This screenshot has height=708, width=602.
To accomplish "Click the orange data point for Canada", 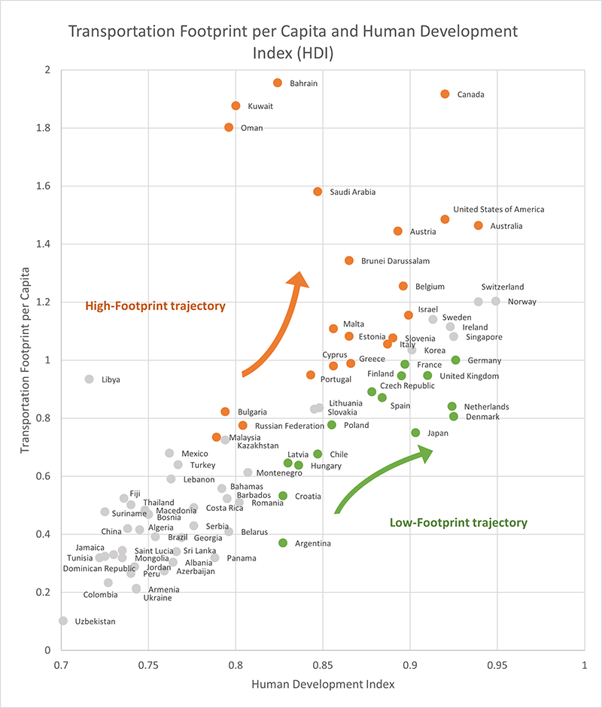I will pos(445,94).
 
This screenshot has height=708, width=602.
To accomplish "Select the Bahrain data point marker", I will pos(278,83).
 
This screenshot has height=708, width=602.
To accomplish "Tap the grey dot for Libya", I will pos(89,379).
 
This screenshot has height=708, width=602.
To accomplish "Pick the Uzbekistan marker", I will pos(63,621).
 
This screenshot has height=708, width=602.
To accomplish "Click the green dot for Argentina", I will pos(283,542).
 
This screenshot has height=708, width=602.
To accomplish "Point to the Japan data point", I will pos(415,433).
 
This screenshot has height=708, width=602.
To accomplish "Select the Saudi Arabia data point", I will pos(318,192).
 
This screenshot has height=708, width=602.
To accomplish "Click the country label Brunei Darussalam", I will pos(395,261).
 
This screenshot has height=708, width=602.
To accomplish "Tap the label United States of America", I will pos(498,209).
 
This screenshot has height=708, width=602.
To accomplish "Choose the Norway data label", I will pos(522,302).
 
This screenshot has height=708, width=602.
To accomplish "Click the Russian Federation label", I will pos(290,426).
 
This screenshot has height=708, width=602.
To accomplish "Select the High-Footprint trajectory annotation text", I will pos(155,306).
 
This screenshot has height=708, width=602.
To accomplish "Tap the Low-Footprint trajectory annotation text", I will pos(458,522).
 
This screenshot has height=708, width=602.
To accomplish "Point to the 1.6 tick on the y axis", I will pos(44,186).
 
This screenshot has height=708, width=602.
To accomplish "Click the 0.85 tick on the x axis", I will pos(323,665).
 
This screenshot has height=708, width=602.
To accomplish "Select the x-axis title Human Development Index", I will pos(323,685).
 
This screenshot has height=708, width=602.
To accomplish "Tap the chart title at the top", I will pos(293,42).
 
